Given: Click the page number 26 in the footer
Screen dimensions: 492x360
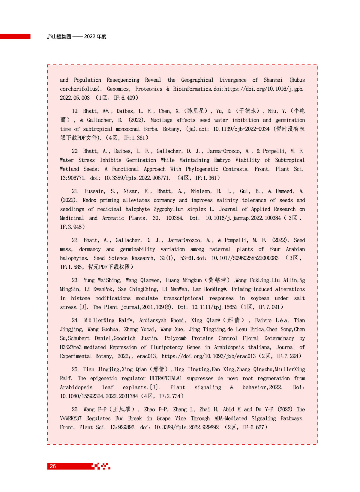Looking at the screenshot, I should point(53,466).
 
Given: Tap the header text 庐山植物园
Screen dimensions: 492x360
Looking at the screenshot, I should point(59,37).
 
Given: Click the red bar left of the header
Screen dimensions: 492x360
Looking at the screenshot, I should point(15,36).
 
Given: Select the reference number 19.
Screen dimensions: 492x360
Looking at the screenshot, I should point(75,111).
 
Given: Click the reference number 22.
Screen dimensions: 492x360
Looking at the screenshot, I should point(75,240).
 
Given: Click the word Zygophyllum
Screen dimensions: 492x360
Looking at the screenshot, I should point(169,209).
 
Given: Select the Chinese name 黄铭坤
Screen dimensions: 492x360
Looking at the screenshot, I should point(217,280).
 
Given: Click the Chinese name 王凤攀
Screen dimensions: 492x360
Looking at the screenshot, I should point(122,409).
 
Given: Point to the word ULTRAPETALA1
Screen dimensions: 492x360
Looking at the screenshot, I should point(166,378).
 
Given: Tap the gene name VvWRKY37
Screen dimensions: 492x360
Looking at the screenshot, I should point(71,418).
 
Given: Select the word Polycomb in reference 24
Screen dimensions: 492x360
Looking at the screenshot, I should point(175,338).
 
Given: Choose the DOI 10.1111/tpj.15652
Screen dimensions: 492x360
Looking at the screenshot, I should point(215,307).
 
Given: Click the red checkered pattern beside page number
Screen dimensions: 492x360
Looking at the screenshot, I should point(101,466).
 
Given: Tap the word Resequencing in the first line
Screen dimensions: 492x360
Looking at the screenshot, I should point(123,80).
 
